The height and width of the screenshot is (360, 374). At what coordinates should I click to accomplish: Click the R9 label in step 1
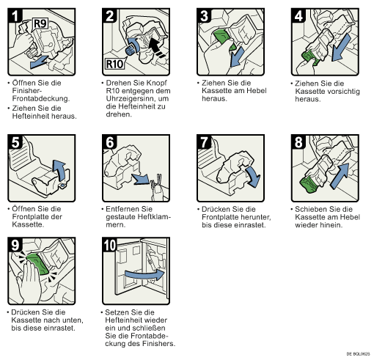[40, 23]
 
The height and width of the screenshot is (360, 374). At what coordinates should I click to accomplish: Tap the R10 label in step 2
[114, 64]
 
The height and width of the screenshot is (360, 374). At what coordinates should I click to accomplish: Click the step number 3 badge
[204, 15]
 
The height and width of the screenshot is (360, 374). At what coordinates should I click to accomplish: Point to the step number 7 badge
[204, 142]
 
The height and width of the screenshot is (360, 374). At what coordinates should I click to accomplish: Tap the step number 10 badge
[110, 245]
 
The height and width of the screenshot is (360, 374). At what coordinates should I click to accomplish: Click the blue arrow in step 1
[39, 62]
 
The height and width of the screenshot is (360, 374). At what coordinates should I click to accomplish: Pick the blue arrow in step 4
[342, 47]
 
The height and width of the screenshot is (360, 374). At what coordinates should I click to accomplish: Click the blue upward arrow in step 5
[59, 170]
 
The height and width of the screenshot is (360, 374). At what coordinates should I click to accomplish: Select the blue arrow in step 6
[140, 179]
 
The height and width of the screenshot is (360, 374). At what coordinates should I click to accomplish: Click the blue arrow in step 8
[340, 176]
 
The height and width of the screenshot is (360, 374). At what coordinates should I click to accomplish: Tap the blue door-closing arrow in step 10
[144, 275]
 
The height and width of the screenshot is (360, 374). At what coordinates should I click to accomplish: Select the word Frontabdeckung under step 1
[40, 98]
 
